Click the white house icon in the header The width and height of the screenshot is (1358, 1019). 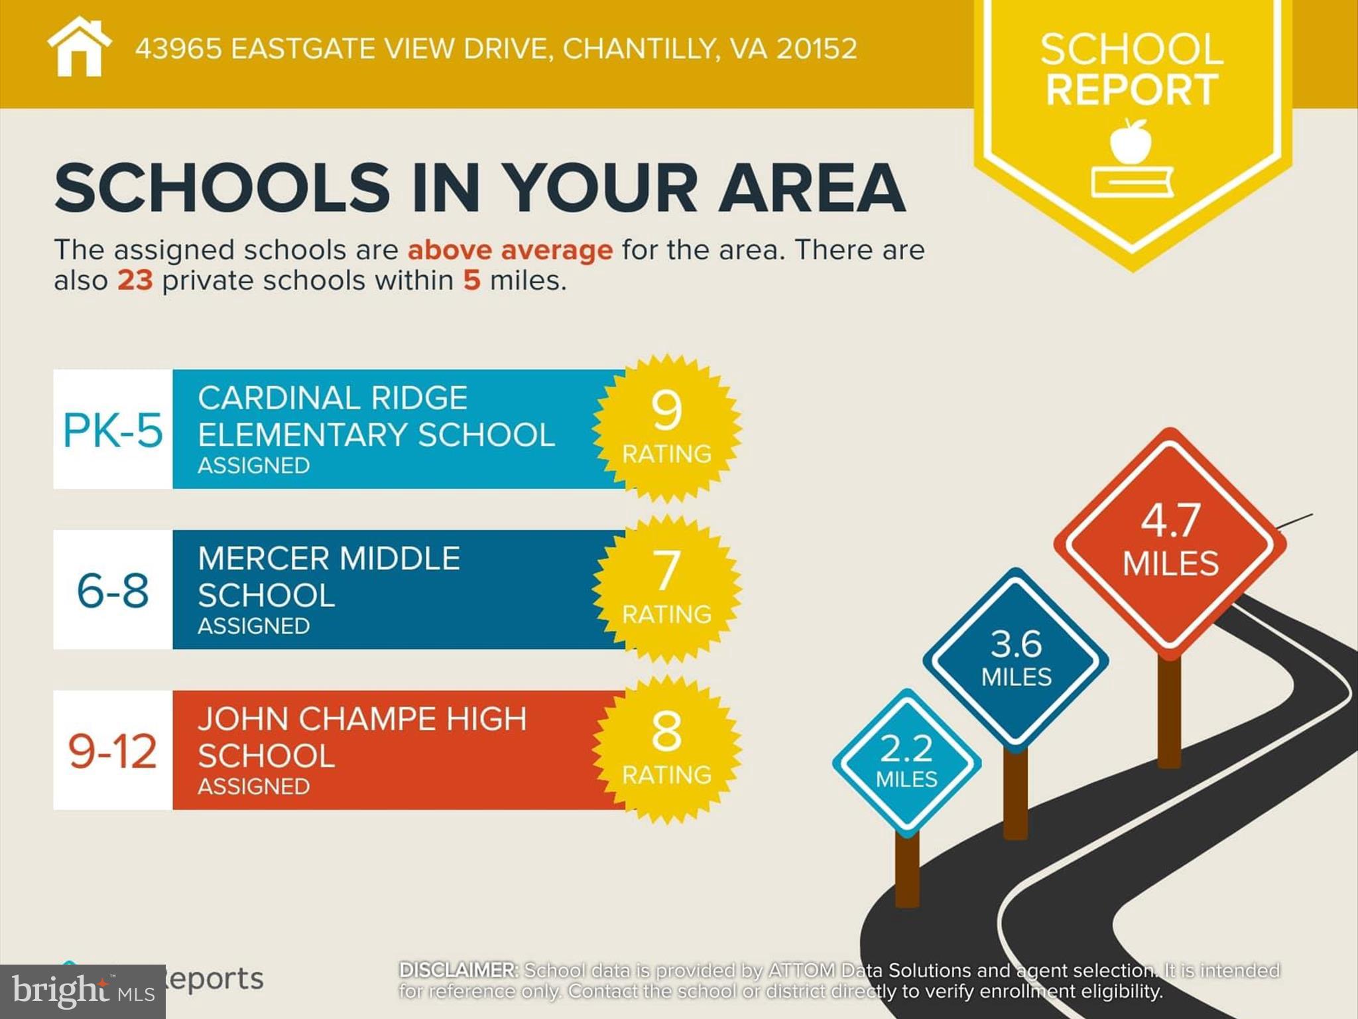[x=79, y=48]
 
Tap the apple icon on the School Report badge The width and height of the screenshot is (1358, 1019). [x=1131, y=141]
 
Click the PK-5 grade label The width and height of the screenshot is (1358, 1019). [x=113, y=430]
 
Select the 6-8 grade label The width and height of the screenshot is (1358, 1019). [x=113, y=590]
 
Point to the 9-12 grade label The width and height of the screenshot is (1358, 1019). [x=113, y=751]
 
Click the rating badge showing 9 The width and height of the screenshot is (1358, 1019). [x=666, y=429]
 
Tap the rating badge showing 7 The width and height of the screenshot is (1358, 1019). [x=666, y=589]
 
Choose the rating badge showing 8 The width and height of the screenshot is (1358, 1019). [x=666, y=750]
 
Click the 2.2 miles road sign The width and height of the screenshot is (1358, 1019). [x=906, y=762]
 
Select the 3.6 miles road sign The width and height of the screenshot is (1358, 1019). [x=1016, y=659]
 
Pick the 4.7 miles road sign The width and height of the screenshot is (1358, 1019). [x=1170, y=543]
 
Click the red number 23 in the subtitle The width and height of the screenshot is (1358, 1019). [x=135, y=281]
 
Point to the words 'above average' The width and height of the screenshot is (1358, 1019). [x=510, y=251]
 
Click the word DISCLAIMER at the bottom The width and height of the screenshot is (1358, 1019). [x=458, y=971]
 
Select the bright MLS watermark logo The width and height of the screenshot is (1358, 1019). [x=82, y=992]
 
